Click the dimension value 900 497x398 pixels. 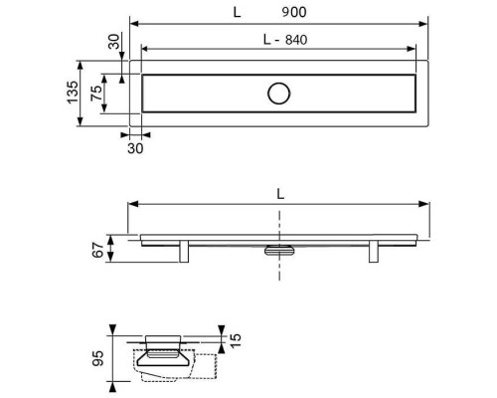click(294, 12)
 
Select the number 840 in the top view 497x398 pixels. click(296, 40)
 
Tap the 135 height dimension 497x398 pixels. click(73, 93)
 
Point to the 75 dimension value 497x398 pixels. click(96, 94)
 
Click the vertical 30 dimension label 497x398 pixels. click(113, 42)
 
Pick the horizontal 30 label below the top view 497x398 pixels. click(135, 148)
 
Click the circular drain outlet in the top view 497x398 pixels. click(279, 94)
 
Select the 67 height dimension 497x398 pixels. click(98, 251)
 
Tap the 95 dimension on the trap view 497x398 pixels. click(97, 358)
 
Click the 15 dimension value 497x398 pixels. click(235, 340)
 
